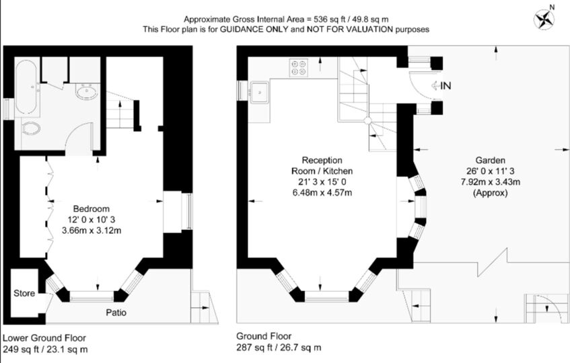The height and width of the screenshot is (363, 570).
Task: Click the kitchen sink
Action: (x=260, y=93)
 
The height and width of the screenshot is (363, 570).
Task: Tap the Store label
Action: (x=24, y=294)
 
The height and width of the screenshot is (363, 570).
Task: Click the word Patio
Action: (x=116, y=313)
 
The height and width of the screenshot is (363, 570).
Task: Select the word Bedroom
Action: (x=92, y=208)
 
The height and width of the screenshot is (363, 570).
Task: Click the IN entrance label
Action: (x=446, y=85)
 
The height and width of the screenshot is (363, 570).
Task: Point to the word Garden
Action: (x=491, y=161)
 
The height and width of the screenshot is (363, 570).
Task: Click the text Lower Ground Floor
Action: (x=44, y=337)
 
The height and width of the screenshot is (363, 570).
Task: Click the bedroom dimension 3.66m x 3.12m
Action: (x=92, y=230)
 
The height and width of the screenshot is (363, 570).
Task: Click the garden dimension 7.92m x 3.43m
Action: (x=491, y=182)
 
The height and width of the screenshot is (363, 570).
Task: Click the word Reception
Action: (x=322, y=160)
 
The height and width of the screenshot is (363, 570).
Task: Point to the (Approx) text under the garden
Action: (x=491, y=193)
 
